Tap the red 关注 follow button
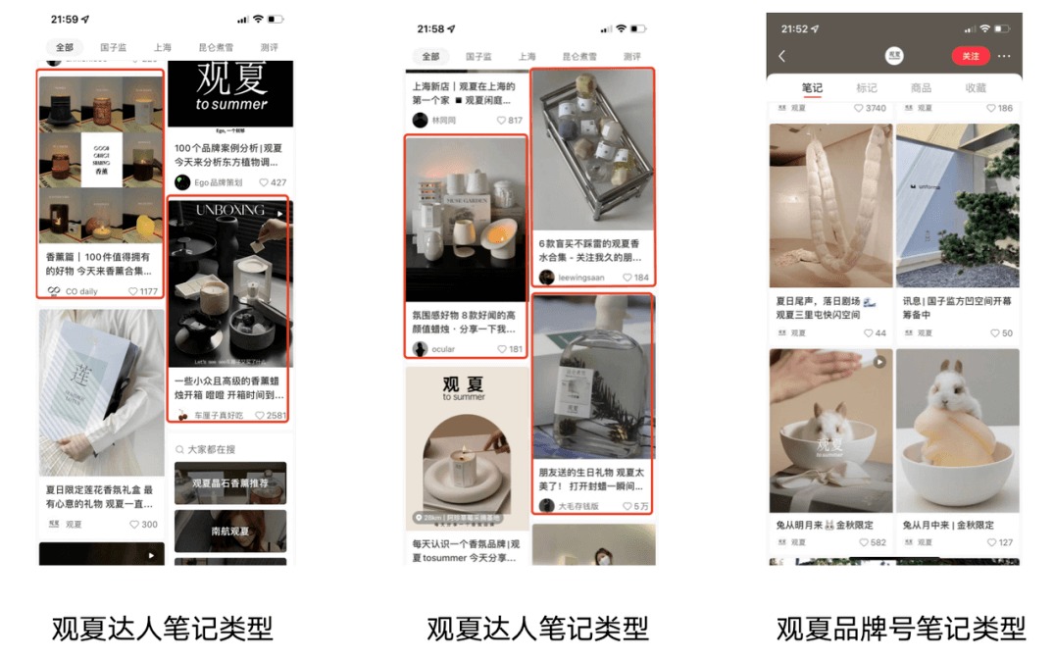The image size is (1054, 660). point(970,56)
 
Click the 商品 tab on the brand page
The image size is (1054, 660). point(921,88)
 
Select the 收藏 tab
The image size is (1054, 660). point(976,88)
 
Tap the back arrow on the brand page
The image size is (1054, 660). point(782,56)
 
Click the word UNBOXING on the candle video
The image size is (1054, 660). point(230,210)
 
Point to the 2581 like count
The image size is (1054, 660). point(276,416)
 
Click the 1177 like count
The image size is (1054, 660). point(148,291)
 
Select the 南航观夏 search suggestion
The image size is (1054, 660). point(230,532)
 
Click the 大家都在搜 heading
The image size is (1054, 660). point(211,449)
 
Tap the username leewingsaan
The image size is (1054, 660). point(580,278)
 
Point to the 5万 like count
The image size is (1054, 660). point(641,506)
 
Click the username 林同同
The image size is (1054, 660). point(444,121)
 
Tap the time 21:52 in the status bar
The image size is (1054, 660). point(794,28)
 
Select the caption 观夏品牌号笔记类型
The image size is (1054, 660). point(900,628)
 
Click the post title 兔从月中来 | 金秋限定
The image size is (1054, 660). point(948,525)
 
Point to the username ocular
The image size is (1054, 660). point(443,349)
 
